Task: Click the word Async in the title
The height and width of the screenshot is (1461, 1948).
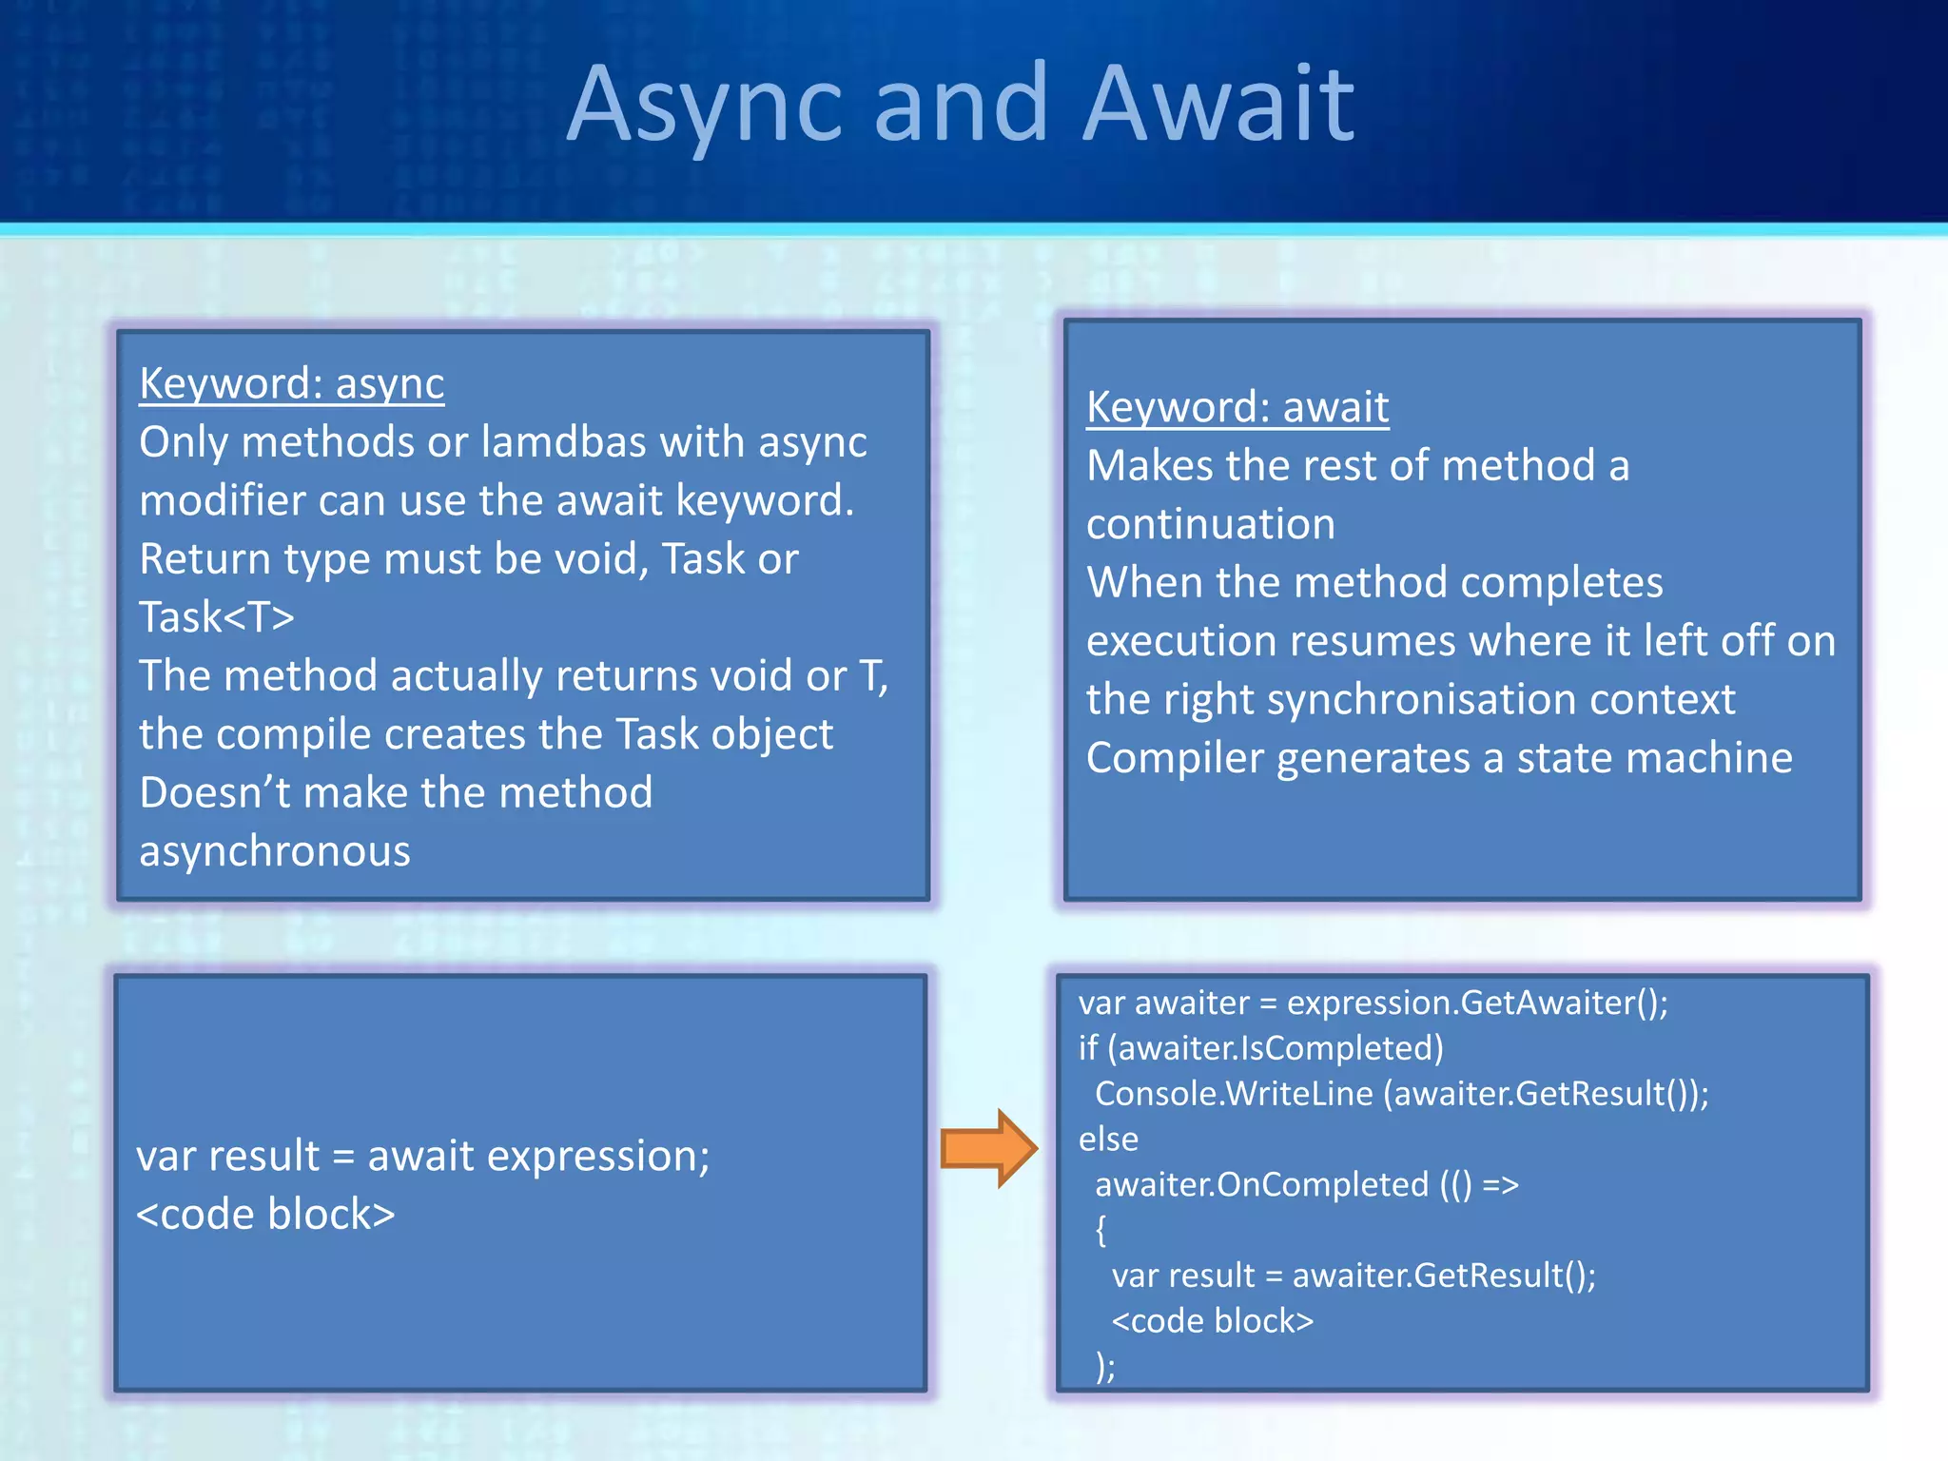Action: click(x=705, y=105)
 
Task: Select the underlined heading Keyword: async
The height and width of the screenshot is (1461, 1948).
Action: click(x=291, y=384)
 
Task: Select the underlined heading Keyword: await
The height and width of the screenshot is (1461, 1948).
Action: click(x=1237, y=408)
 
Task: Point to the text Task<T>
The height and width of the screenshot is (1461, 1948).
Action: click(x=217, y=617)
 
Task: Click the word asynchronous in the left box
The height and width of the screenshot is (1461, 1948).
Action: click(x=274, y=851)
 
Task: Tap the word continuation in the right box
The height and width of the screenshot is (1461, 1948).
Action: click(x=1210, y=525)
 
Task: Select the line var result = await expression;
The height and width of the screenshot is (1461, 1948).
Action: click(x=422, y=1157)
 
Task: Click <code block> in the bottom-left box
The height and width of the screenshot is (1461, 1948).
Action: click(x=265, y=1215)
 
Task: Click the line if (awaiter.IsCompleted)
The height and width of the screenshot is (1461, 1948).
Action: click(x=1260, y=1048)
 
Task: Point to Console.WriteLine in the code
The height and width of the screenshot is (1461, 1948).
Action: click(x=1233, y=1094)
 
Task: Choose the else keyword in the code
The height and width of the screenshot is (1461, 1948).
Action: click(x=1108, y=1140)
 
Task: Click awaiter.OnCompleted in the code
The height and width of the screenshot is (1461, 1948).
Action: click(x=1261, y=1185)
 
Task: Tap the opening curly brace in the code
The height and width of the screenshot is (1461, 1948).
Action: click(x=1101, y=1230)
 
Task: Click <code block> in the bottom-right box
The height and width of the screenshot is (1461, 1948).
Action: click(x=1212, y=1321)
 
